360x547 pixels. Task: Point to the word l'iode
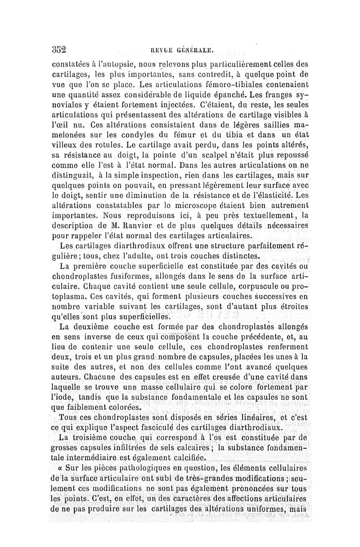[x=63, y=397]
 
